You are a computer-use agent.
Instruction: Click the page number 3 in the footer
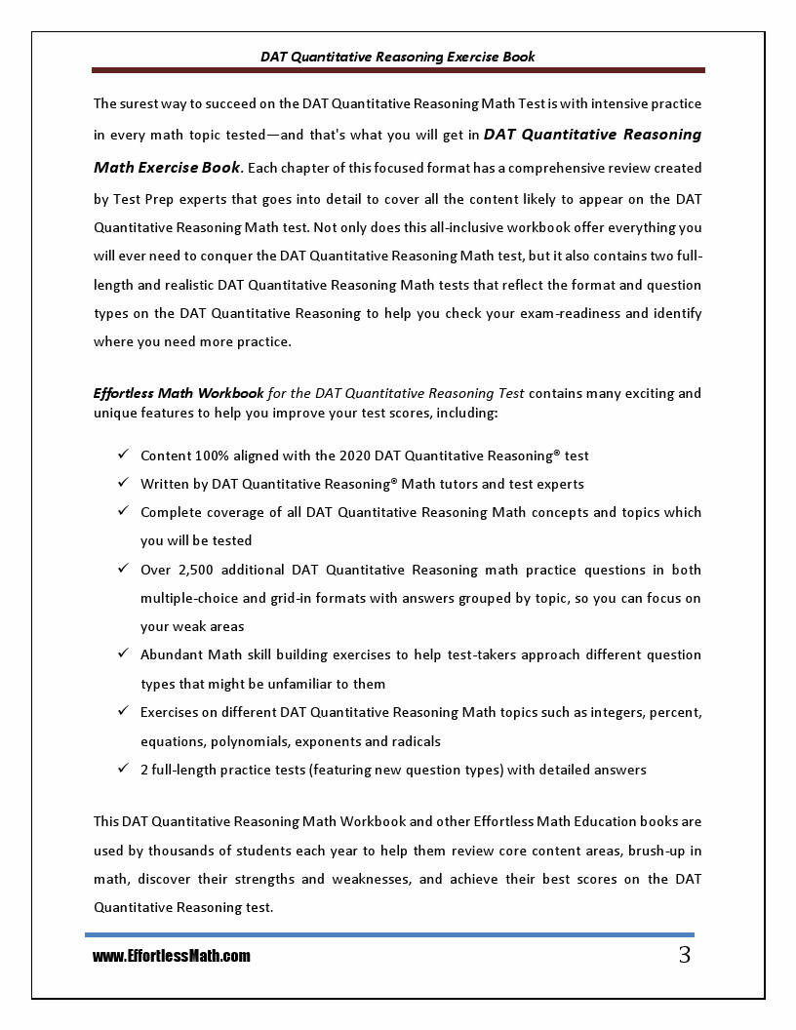[x=684, y=955]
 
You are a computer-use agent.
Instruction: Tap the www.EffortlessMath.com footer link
[x=172, y=957]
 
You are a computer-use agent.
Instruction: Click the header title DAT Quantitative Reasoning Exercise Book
[x=398, y=57]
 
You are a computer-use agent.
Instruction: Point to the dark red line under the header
[x=398, y=70]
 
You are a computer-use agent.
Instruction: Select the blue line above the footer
[x=390, y=934]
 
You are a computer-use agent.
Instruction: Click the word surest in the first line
[x=142, y=103]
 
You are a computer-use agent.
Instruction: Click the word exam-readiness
[x=565, y=314]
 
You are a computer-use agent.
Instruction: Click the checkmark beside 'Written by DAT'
[x=123, y=484]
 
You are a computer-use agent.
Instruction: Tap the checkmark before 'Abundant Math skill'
[x=123, y=654]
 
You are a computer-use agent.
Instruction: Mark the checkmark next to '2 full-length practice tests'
[x=123, y=770]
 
